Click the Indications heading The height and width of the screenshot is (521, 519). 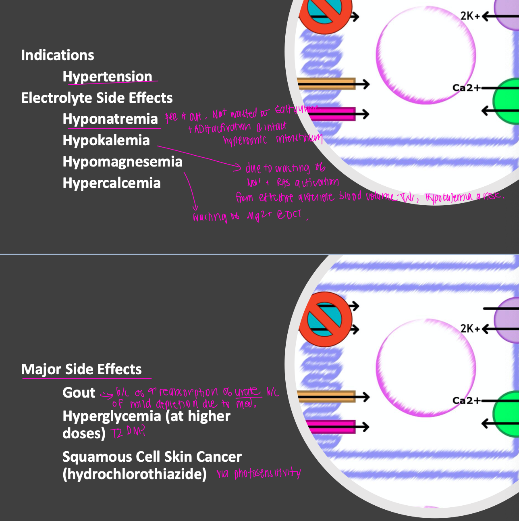click(x=58, y=55)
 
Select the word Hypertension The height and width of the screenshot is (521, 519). click(x=107, y=76)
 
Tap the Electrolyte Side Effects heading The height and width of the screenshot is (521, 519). click(x=97, y=98)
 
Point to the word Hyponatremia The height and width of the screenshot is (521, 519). click(x=110, y=119)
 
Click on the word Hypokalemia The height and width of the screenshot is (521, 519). click(x=106, y=140)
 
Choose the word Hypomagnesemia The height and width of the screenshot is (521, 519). click(x=122, y=162)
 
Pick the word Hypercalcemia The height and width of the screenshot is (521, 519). click(x=112, y=183)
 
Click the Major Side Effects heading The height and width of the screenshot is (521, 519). click(x=81, y=369)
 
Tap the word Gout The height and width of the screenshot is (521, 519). click(x=79, y=393)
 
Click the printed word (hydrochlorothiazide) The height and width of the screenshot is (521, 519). click(x=135, y=474)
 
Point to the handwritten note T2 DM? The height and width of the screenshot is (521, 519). click(x=127, y=433)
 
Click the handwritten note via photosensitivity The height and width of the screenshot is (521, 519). click(x=258, y=473)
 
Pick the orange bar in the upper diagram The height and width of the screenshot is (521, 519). click(x=326, y=83)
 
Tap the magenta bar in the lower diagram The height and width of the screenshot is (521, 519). click(x=330, y=427)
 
